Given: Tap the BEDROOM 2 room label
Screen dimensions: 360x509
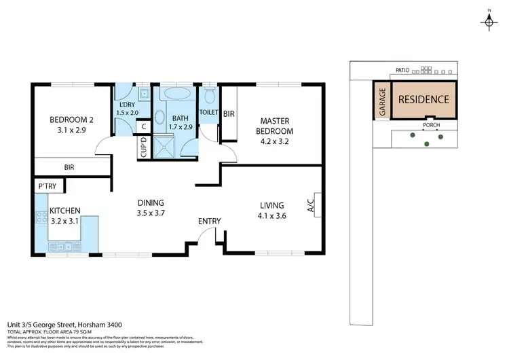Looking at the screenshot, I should (71, 120).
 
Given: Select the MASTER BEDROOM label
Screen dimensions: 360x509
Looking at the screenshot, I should (275, 126).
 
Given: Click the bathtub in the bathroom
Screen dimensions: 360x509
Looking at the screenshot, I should (179, 93).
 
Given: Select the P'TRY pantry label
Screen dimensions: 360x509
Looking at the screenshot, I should (47, 185).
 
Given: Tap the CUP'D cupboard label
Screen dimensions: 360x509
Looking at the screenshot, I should (144, 149).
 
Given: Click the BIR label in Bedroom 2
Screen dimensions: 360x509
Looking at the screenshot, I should (69, 166).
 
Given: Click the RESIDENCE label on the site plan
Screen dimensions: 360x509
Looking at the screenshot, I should (423, 99).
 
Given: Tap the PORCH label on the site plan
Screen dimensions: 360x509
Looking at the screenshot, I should (429, 126).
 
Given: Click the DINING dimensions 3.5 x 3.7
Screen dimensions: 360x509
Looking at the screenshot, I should (151, 213).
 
